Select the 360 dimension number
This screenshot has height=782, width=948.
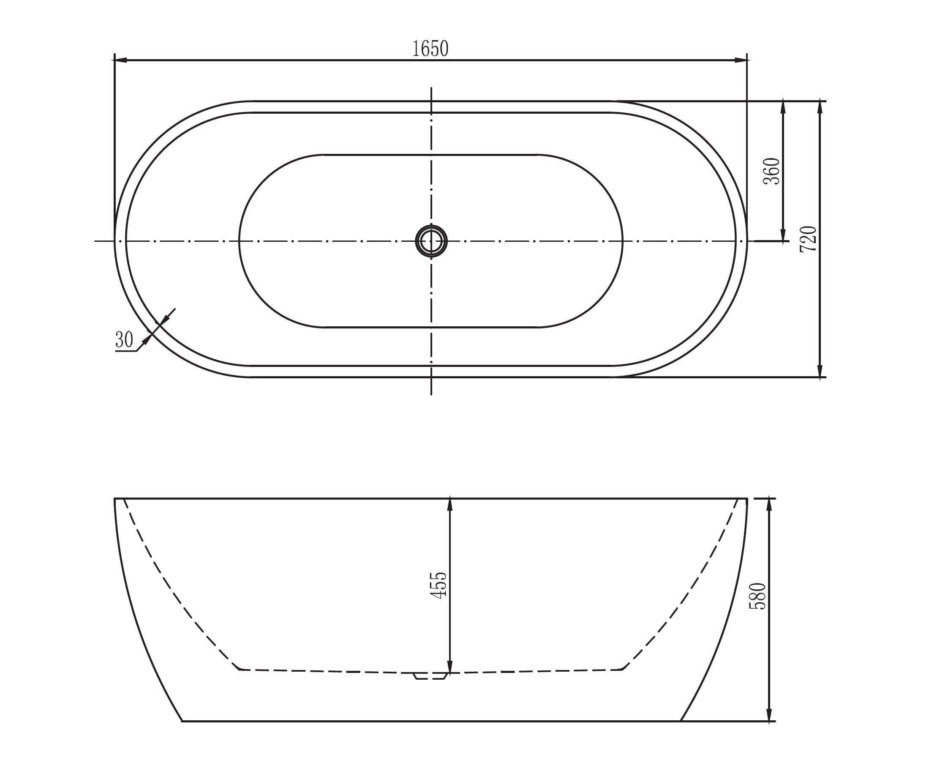[771, 171]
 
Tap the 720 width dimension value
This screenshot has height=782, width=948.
[809, 239]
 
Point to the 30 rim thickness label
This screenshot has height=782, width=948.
[124, 340]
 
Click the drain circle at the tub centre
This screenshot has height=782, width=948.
[431, 241]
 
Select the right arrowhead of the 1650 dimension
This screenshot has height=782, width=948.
[741, 60]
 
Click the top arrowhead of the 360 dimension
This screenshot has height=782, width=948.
[783, 107]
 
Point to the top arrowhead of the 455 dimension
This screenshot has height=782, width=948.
[449, 505]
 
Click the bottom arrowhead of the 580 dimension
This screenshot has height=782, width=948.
[769, 715]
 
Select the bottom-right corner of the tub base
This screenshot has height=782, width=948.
[680, 721]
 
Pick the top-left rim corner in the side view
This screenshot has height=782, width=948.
[115, 499]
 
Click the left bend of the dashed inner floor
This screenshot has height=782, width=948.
[240, 670]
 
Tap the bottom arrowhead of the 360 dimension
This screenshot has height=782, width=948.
[783, 235]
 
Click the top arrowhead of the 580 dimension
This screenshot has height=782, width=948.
[769, 505]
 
